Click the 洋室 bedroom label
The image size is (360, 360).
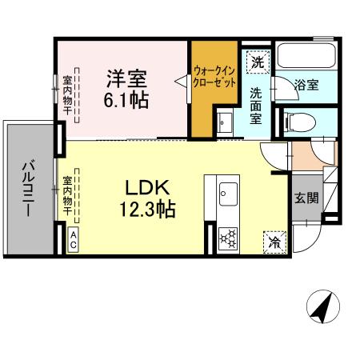(x=126, y=79)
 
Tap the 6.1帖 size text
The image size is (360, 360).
(x=126, y=101)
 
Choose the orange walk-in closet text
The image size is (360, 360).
(x=215, y=75)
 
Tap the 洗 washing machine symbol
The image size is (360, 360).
(x=257, y=61)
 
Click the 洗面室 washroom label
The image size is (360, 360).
(x=255, y=105)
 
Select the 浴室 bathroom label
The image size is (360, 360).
(x=306, y=83)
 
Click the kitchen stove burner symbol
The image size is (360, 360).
(x=227, y=237)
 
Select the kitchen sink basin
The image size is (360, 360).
(x=227, y=192)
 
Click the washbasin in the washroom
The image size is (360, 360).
(x=222, y=122)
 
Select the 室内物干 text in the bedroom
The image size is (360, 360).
(x=67, y=94)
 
